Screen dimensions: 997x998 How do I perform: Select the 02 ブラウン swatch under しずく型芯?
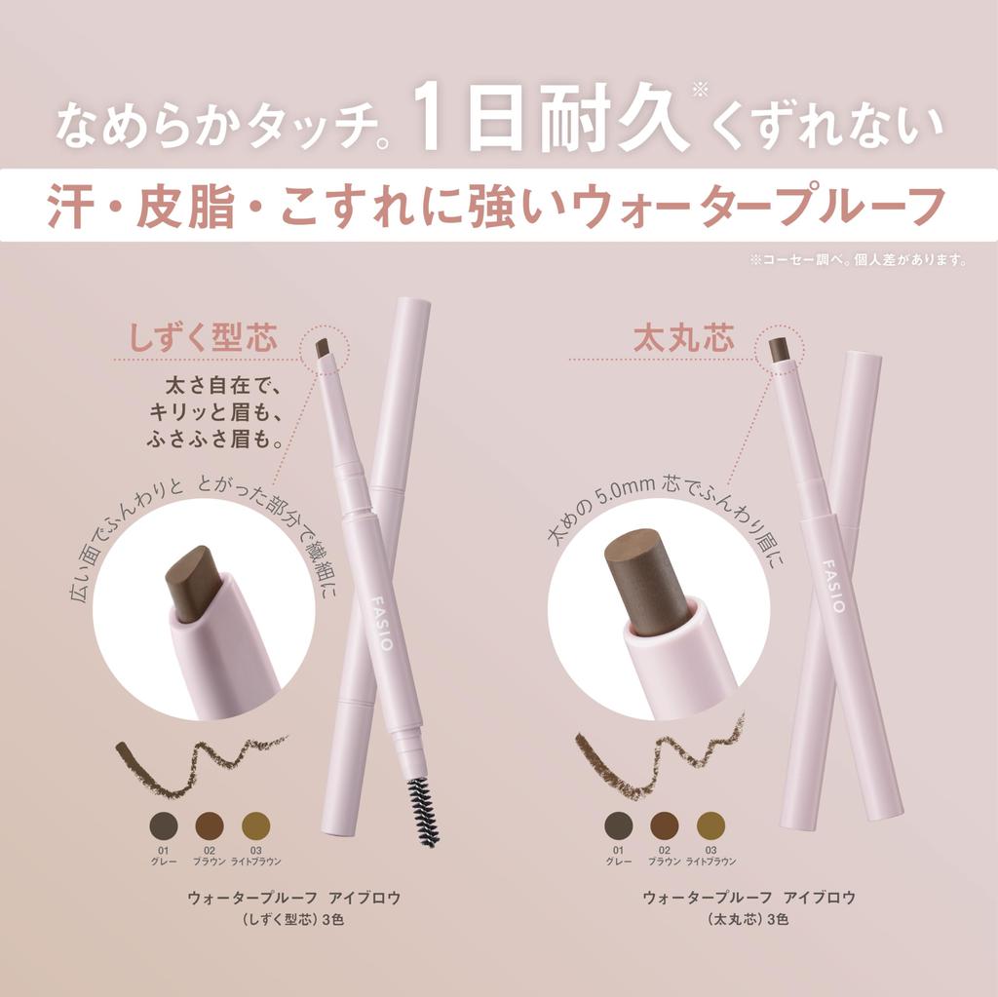pos(210,825)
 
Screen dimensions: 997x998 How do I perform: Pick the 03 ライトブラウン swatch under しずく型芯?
pos(255,825)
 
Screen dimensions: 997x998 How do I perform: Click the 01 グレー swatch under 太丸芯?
pos(618,825)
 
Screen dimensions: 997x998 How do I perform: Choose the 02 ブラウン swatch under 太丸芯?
pos(665,825)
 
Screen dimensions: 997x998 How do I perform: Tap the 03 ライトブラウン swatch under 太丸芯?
pos(710,825)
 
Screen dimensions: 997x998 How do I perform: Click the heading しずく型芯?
pos(204,339)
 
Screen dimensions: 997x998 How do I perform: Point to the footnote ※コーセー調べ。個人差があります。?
pos(857,259)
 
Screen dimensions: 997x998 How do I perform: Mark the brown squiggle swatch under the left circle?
pos(195,759)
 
